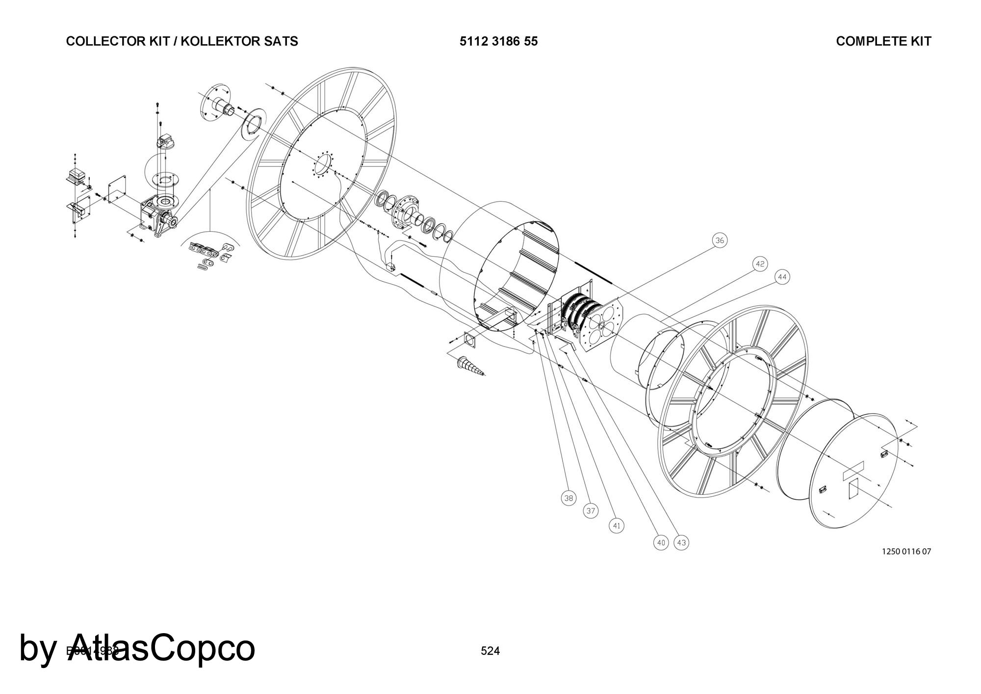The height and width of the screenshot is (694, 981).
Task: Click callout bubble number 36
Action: click(x=720, y=240)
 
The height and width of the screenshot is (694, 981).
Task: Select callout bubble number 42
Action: click(x=760, y=264)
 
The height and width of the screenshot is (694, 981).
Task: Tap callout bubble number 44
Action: click(x=782, y=277)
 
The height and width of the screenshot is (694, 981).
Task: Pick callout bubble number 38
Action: click(x=568, y=498)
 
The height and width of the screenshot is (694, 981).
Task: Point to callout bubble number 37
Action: click(x=591, y=511)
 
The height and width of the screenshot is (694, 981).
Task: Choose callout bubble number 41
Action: click(x=617, y=526)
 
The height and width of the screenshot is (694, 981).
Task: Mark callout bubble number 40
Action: click(x=661, y=542)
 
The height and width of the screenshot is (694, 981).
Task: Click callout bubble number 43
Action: click(x=681, y=542)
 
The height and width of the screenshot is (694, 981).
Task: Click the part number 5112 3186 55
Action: click(x=498, y=41)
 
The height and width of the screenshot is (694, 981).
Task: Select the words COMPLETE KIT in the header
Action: click(x=883, y=41)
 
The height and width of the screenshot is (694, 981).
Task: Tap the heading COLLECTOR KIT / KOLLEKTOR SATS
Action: click(x=182, y=41)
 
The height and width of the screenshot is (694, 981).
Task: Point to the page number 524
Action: click(x=490, y=651)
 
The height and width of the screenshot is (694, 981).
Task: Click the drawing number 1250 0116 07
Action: click(x=906, y=551)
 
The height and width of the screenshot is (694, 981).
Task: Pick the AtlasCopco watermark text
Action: click(x=137, y=648)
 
